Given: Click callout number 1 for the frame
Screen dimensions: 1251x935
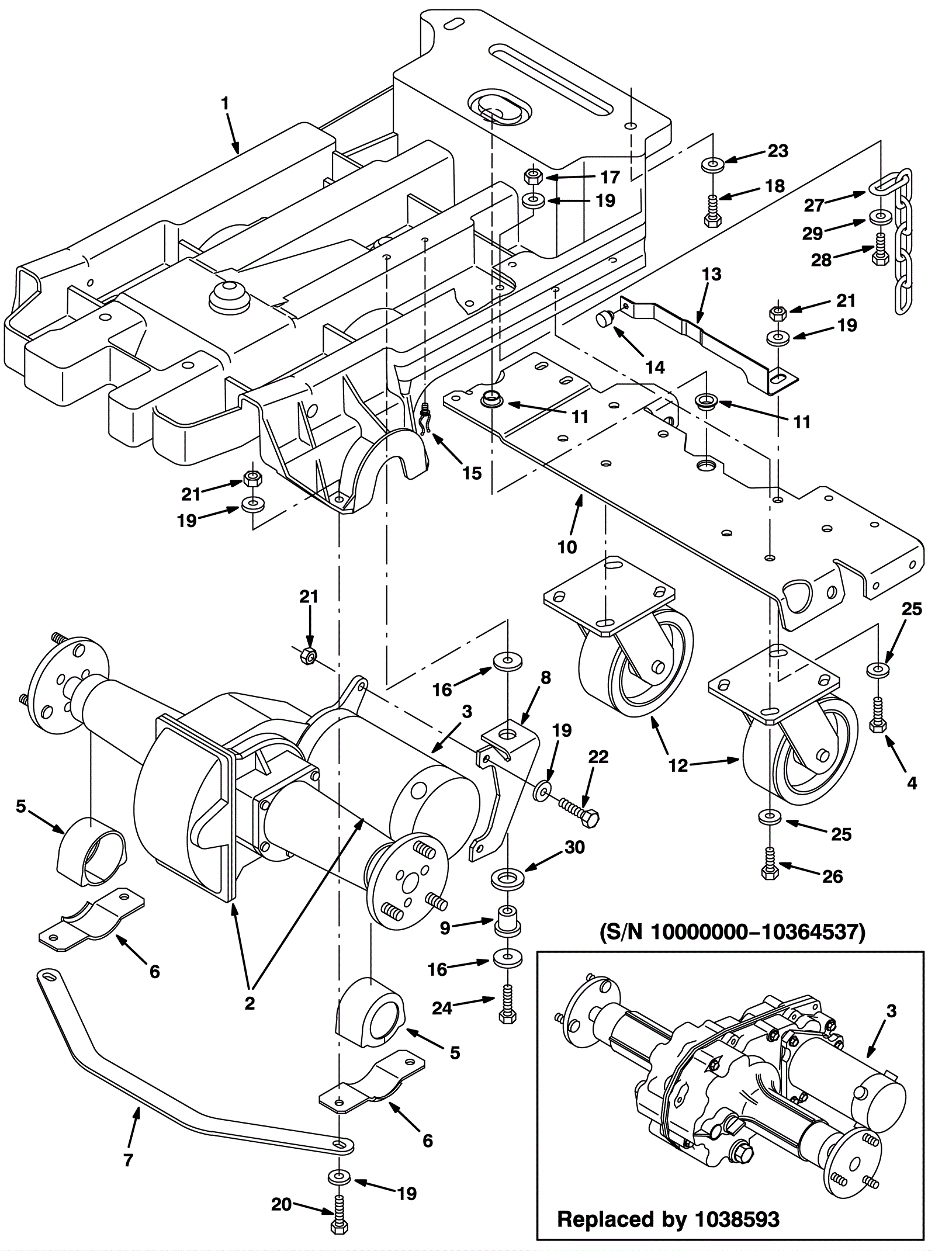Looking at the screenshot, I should click(225, 104).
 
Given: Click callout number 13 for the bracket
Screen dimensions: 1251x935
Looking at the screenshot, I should click(712, 274).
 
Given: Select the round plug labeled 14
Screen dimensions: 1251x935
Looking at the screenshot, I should click(604, 318).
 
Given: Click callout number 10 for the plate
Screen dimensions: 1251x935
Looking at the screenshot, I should click(567, 547).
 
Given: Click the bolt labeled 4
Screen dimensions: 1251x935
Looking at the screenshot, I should click(877, 712).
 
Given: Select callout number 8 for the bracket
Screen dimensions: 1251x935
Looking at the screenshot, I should click(545, 678).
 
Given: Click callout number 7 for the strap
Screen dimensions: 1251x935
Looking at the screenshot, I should click(129, 1160).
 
